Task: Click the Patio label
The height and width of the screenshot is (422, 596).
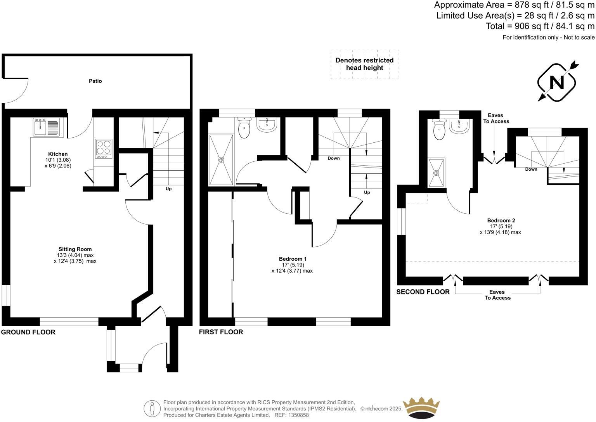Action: coord(95,81)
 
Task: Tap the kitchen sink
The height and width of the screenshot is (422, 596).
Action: coord(46,127)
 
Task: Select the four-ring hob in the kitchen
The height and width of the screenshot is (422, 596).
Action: coord(104,149)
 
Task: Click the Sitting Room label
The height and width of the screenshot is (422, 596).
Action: coord(75,249)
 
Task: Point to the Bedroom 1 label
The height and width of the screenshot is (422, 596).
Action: coord(293,259)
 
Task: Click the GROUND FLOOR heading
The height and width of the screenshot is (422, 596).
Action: coord(28,332)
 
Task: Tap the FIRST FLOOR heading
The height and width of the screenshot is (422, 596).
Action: coord(221,332)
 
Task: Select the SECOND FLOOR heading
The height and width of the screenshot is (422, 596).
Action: coord(423,292)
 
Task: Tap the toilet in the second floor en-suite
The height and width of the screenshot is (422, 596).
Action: coord(439,130)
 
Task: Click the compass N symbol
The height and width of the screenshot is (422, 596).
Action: coord(556,82)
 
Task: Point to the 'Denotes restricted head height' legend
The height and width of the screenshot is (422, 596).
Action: coord(364,64)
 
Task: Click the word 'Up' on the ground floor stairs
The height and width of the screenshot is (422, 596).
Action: coord(168,189)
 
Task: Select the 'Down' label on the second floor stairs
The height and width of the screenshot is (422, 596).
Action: coord(531,169)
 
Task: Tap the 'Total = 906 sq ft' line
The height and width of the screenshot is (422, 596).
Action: coord(540,26)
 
